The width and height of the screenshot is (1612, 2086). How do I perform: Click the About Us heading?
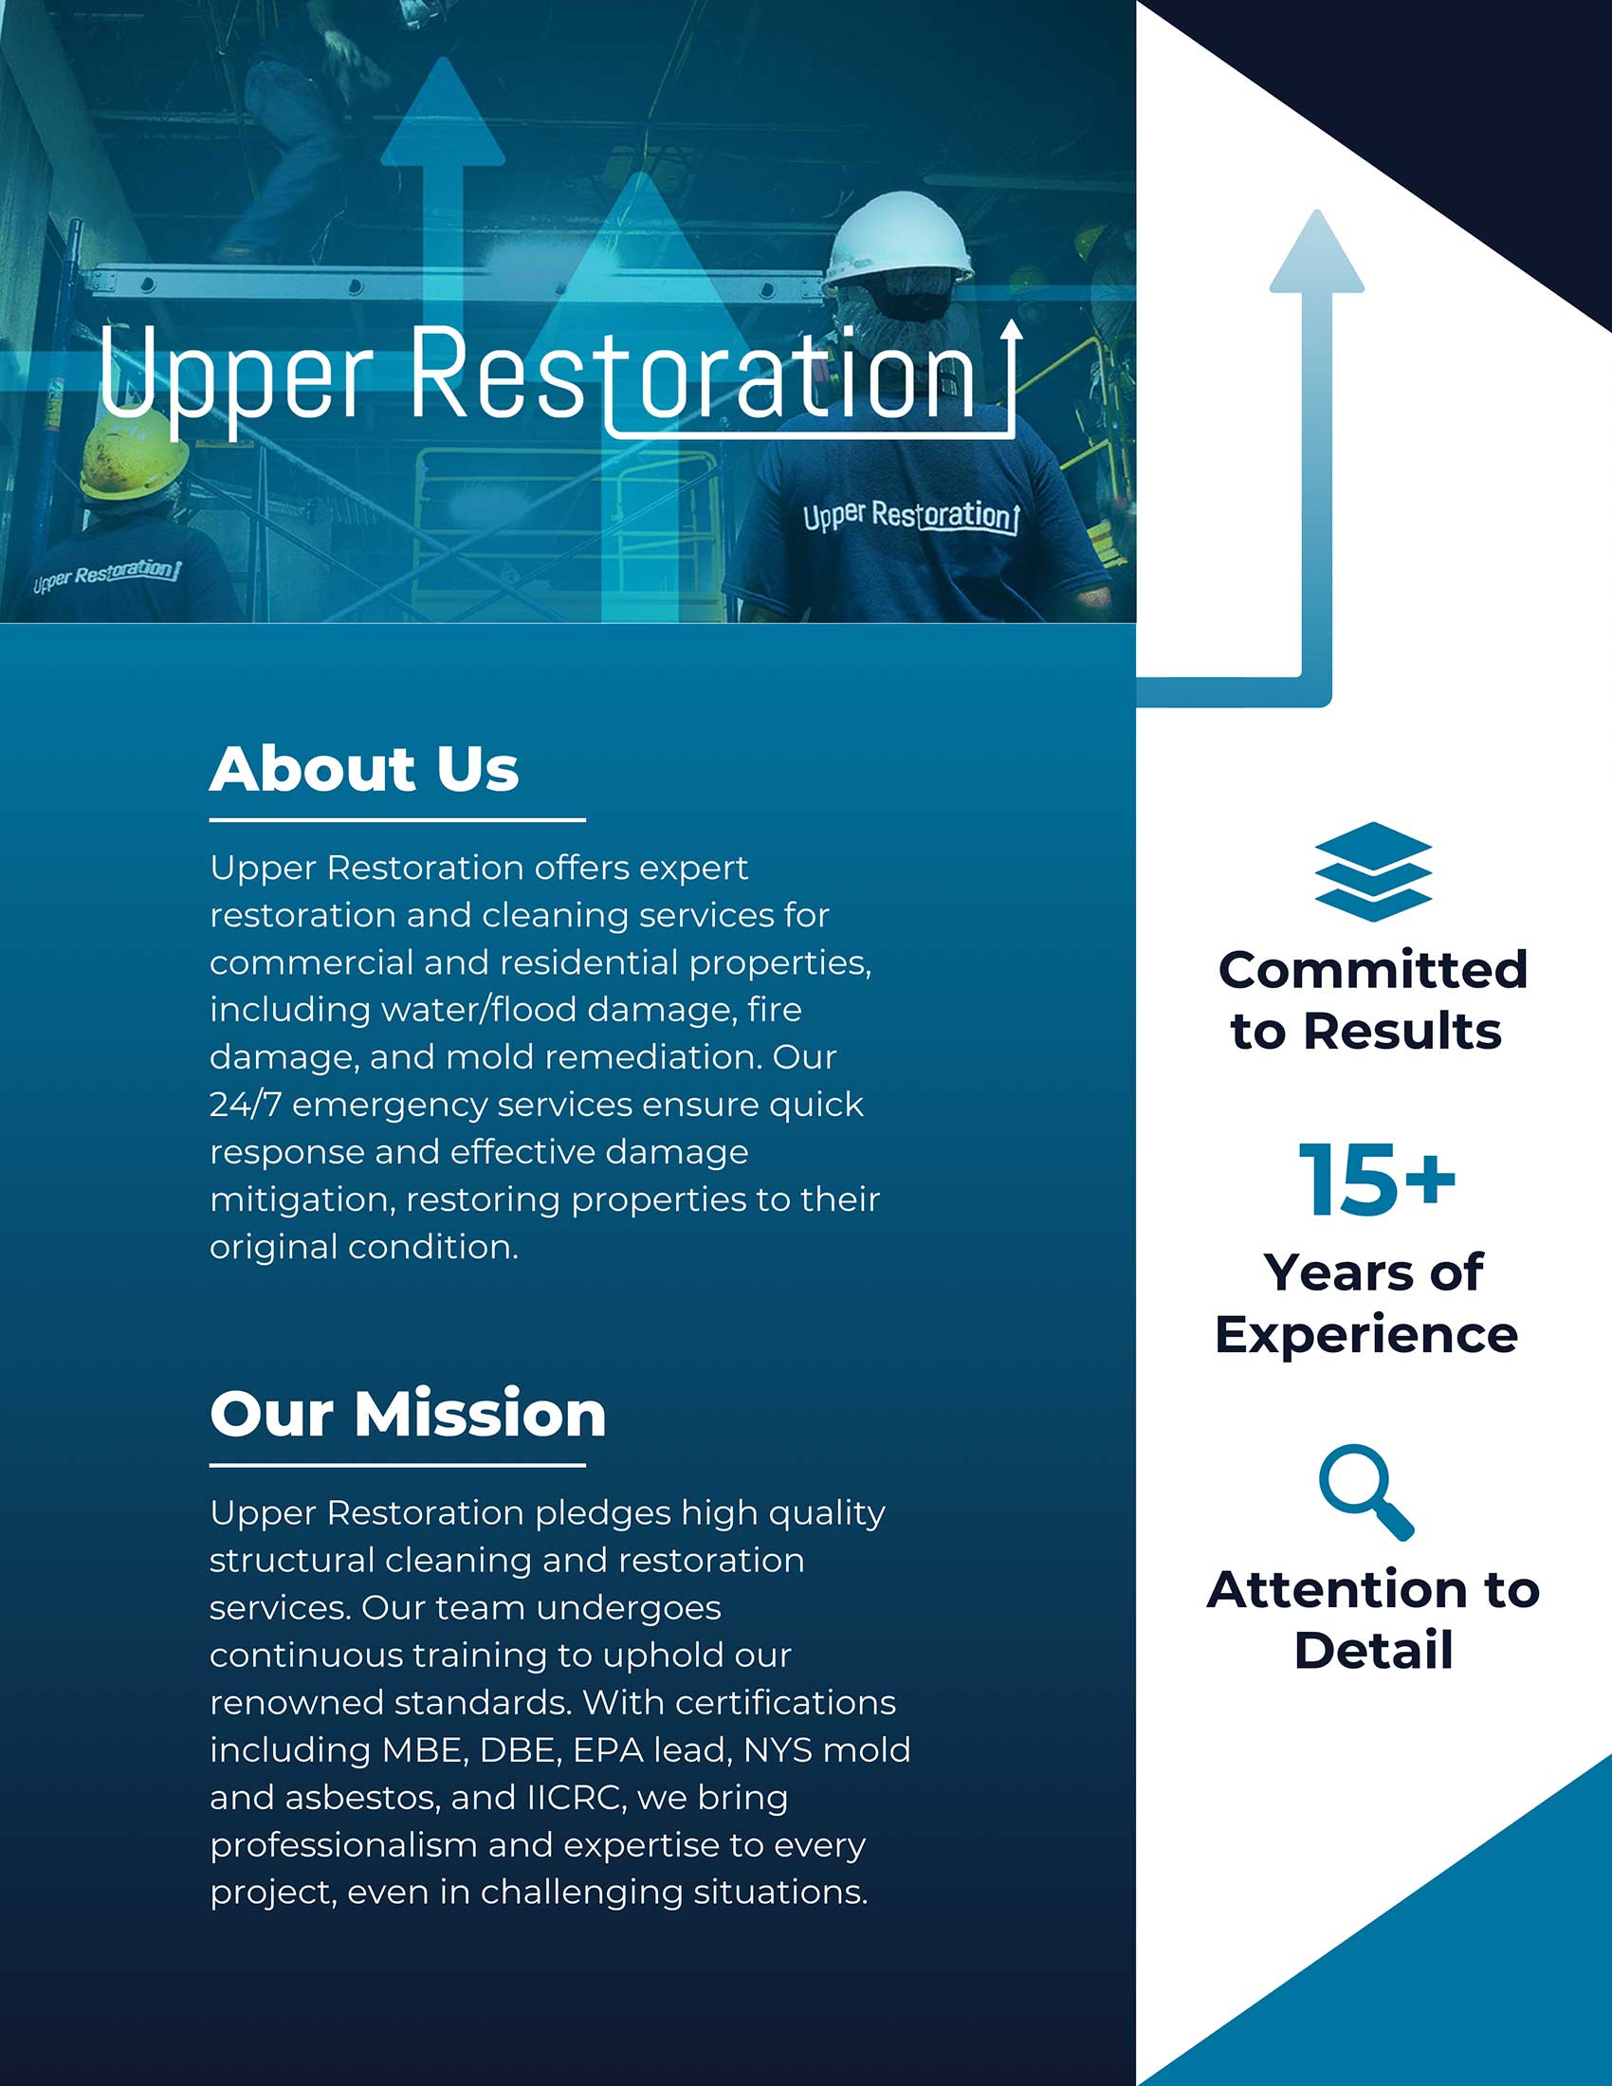click(x=364, y=769)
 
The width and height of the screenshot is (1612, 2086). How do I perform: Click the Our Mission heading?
click(x=408, y=1414)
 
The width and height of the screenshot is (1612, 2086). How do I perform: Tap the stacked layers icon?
click(x=1372, y=871)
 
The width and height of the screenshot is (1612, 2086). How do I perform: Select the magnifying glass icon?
click(x=1365, y=1492)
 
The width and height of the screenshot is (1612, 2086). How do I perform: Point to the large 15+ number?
click(x=1376, y=1180)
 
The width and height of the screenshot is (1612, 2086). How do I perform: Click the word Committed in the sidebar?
click(x=1373, y=970)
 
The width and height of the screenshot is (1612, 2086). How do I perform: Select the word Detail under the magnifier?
click(x=1373, y=1651)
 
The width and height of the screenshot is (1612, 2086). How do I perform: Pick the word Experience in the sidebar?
click(x=1366, y=1336)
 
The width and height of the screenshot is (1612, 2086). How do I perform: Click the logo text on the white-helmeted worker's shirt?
click(x=910, y=516)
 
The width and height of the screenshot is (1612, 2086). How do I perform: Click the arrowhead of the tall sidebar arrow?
click(x=1317, y=250)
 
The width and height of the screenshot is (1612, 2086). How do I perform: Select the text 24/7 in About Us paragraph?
click(x=246, y=1105)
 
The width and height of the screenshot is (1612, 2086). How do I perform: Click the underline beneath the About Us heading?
click(x=397, y=819)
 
